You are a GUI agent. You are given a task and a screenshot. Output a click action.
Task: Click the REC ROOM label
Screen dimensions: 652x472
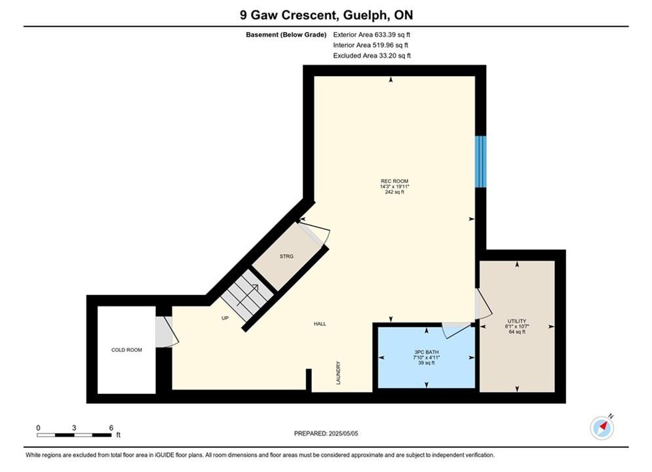[x=394, y=181]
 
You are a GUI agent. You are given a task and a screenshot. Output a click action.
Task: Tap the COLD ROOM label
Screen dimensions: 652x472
[x=126, y=349]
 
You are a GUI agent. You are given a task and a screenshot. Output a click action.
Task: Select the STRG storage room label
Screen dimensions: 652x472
[x=286, y=256]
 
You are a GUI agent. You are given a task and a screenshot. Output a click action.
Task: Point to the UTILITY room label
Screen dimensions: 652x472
[x=517, y=321]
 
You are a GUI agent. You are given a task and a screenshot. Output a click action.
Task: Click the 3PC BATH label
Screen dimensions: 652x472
[x=426, y=352]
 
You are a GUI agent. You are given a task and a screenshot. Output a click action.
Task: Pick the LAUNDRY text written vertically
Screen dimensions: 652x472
[x=338, y=372]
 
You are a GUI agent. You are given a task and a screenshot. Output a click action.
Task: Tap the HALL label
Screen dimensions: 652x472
[x=320, y=324]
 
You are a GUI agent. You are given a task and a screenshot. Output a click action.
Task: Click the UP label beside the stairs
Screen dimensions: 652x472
[x=225, y=318]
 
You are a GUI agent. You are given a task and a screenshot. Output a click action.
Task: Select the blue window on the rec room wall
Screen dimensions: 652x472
[x=481, y=161]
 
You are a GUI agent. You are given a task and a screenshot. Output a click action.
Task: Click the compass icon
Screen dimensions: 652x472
[x=602, y=427]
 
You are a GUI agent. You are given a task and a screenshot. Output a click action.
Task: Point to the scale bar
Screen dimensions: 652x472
[x=74, y=435]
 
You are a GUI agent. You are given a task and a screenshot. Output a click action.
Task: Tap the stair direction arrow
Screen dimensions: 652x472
[x=248, y=295]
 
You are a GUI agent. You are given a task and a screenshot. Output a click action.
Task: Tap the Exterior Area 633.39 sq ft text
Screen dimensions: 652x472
[x=372, y=35]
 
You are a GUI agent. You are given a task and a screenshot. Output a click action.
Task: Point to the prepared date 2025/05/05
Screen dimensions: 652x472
[x=343, y=433]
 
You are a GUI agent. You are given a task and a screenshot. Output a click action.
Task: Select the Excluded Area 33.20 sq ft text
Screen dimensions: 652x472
[x=372, y=55]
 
